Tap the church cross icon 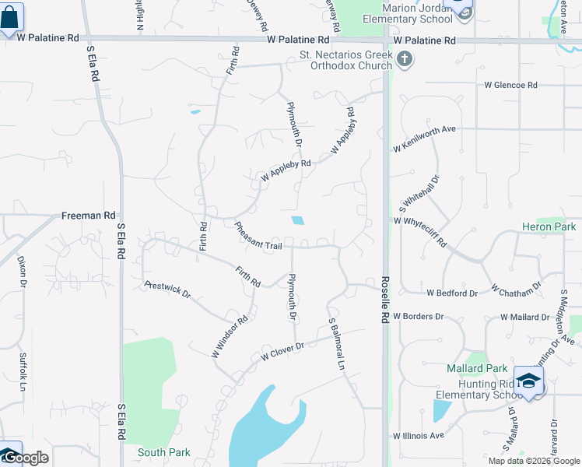coord(404,59)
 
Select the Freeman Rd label coord(89,215)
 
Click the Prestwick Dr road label coord(167,289)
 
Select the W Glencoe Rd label coord(511,85)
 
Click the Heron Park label coord(549,227)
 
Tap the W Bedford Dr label coord(452,293)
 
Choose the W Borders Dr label coord(418,317)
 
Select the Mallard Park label coord(477,368)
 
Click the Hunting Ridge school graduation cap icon coord(528,381)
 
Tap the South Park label coord(164,452)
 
